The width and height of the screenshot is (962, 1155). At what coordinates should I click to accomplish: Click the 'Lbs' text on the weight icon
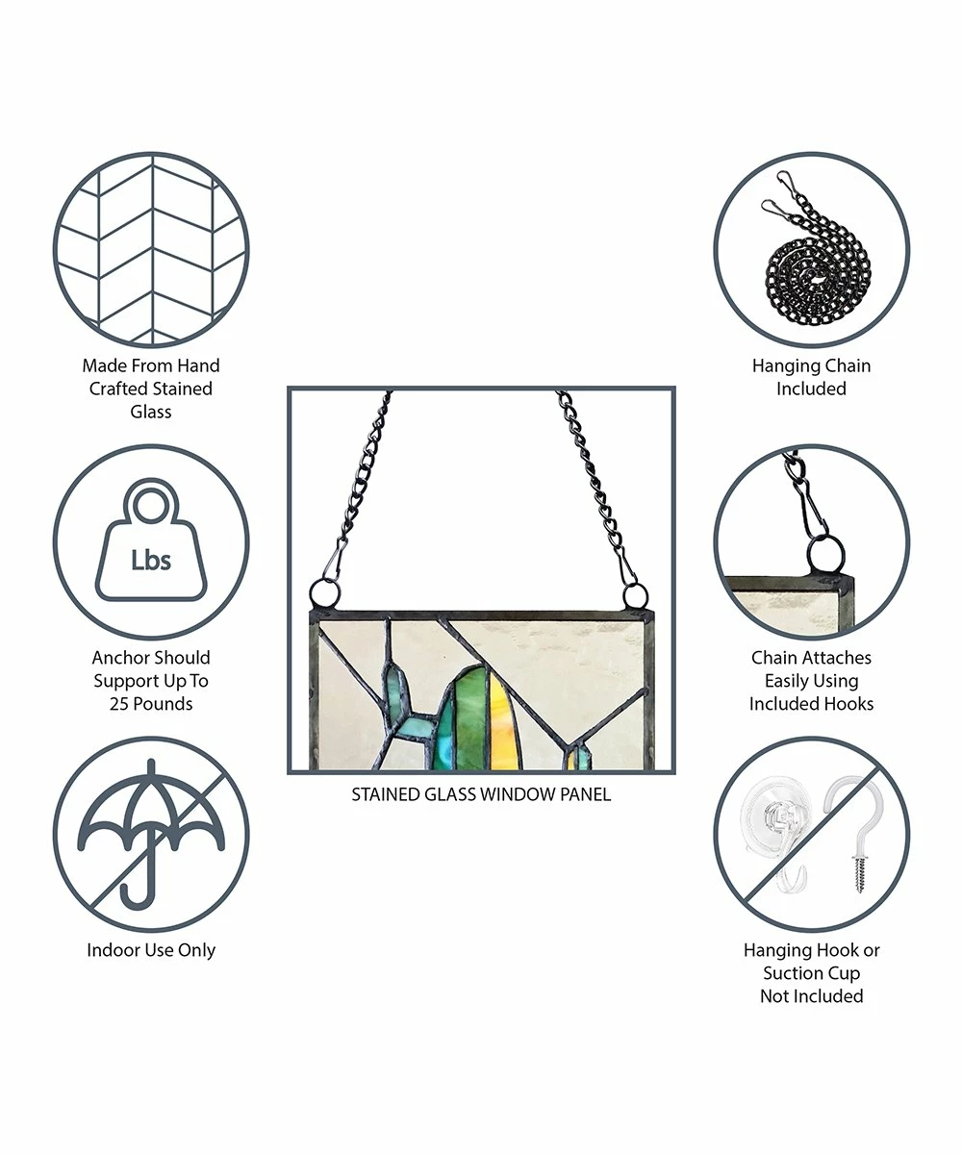pyautogui.click(x=151, y=560)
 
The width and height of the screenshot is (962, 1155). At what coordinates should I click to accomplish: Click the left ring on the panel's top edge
pyautogui.click(x=324, y=594)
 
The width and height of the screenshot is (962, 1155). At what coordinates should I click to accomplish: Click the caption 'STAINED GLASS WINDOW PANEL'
pyautogui.click(x=481, y=794)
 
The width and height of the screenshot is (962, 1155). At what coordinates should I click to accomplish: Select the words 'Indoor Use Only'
pyautogui.click(x=151, y=950)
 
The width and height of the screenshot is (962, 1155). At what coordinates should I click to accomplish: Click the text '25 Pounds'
pyautogui.click(x=151, y=704)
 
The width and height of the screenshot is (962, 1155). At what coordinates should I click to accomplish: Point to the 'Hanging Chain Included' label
pyautogui.click(x=811, y=377)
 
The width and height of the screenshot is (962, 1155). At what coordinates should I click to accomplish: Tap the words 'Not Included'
pyautogui.click(x=811, y=995)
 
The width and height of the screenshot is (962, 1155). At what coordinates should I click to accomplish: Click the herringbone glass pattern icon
pyautogui.click(x=151, y=250)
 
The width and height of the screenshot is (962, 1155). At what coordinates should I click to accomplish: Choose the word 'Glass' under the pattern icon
pyautogui.click(x=151, y=412)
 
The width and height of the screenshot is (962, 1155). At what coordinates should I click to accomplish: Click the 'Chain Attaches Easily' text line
pyautogui.click(x=811, y=668)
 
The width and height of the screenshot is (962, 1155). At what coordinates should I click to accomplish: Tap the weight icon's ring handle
pyautogui.click(x=151, y=502)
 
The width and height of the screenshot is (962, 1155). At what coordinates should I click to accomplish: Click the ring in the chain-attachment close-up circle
pyautogui.click(x=825, y=556)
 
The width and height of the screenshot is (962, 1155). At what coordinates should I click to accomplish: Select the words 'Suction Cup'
pyautogui.click(x=811, y=973)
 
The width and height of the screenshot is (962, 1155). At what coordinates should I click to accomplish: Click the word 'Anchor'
pyautogui.click(x=118, y=657)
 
